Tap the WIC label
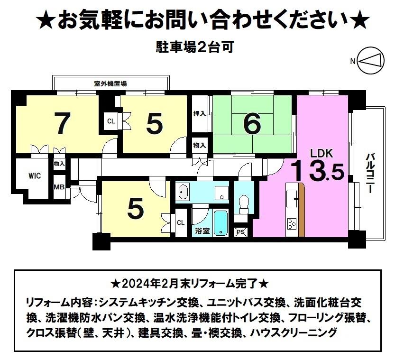pyautogui.click(x=35, y=175)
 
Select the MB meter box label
pyautogui.click(x=59, y=187)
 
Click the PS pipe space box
pyautogui.click(x=241, y=231)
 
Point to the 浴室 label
pyautogui.click(x=203, y=231)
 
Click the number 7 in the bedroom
pyautogui.click(x=62, y=123)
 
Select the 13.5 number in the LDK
pyautogui.click(x=318, y=171)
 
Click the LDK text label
pyautogui.click(x=322, y=153)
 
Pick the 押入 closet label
pyautogui.click(x=200, y=114)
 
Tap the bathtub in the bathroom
pyautogui.click(x=220, y=223)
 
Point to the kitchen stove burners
pyautogui.click(x=292, y=224)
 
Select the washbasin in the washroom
pyautogui.click(x=183, y=193)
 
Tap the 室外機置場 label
pyautogui.click(x=110, y=83)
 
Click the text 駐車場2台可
pyautogui.click(x=194, y=47)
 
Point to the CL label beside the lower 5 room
pyautogui.click(x=181, y=222)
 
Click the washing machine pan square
pyautogui.click(x=222, y=193)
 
